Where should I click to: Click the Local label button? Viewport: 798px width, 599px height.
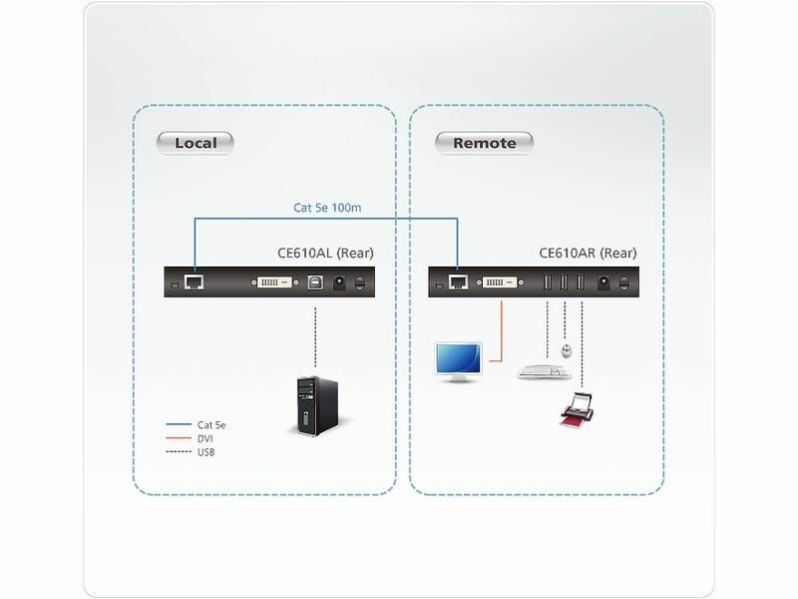(195, 143)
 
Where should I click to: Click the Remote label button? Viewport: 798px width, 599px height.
(484, 143)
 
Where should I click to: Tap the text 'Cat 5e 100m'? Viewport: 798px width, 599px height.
(327, 209)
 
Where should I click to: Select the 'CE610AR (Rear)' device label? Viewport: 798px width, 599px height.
(588, 253)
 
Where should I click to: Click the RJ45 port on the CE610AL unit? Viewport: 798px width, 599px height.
(194, 283)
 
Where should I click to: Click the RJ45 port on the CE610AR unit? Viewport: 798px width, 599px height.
(457, 283)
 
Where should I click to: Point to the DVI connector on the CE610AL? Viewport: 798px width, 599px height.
(275, 284)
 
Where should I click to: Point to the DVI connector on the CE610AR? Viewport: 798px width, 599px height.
(501, 284)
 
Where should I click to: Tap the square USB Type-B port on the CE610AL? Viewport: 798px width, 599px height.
(316, 284)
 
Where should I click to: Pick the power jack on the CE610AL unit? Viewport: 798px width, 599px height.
(339, 284)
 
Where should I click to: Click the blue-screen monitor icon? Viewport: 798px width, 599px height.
(459, 361)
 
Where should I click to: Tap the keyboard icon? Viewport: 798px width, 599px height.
(544, 372)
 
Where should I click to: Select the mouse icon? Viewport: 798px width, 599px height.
(567, 351)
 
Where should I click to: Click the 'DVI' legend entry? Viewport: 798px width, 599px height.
(204, 438)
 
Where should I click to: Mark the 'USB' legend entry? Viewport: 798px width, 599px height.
(205, 452)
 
